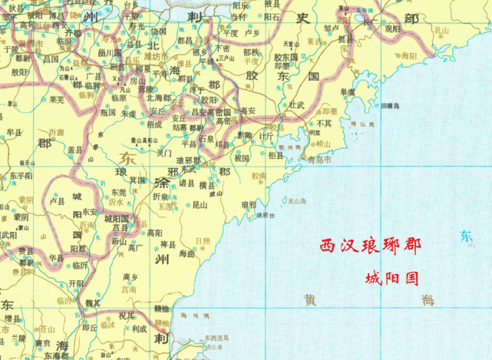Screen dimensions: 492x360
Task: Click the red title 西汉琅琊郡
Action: [x=371, y=247]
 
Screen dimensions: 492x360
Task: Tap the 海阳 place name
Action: [x=408, y=55]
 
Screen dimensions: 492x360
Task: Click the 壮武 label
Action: [x=297, y=105]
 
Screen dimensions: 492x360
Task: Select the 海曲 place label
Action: [x=187, y=253]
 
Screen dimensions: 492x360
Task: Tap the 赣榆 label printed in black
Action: [x=161, y=306]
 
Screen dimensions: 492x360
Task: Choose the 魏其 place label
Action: [x=92, y=302]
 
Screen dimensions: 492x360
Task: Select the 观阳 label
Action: [x=392, y=28]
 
